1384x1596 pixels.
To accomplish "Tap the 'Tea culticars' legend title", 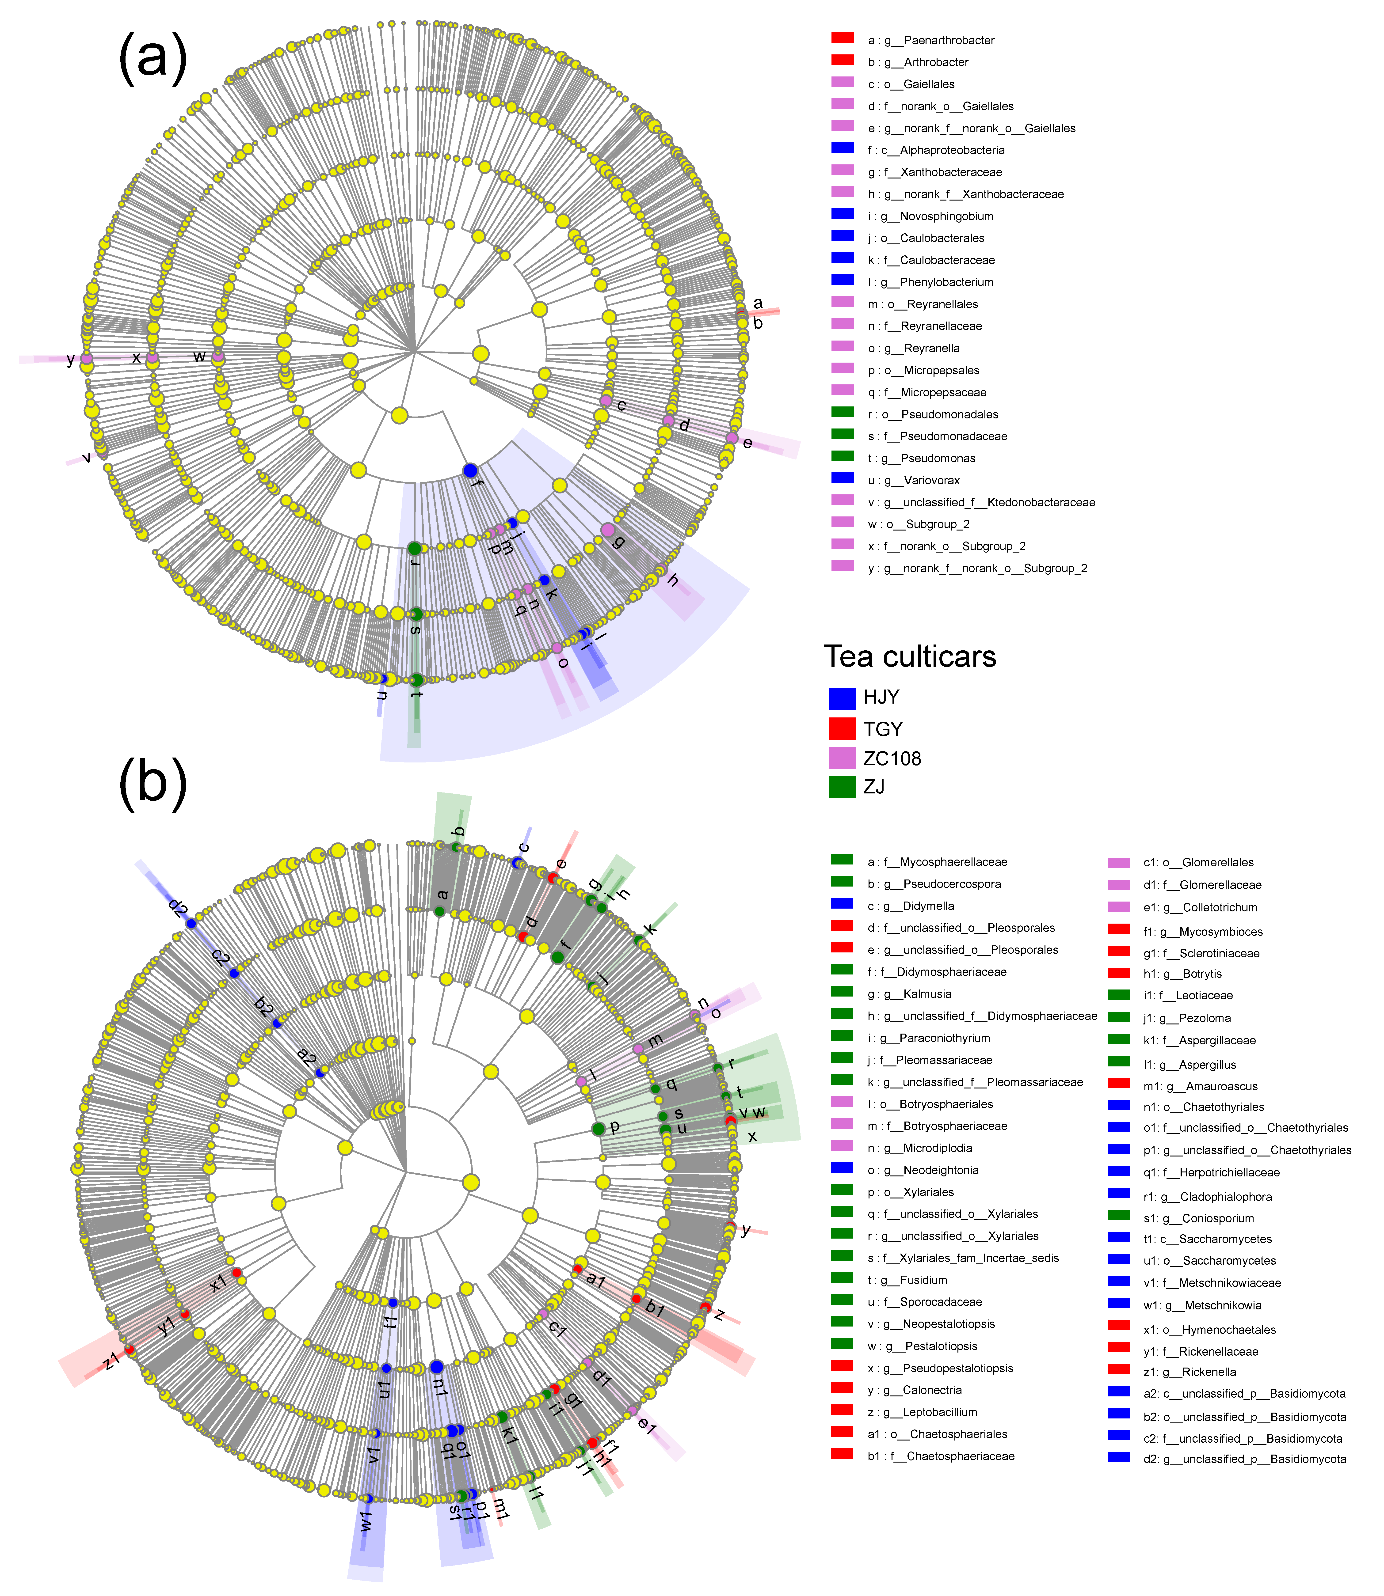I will tap(910, 656).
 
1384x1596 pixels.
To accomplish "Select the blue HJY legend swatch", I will tap(842, 698).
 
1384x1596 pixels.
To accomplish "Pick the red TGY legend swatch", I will tap(842, 728).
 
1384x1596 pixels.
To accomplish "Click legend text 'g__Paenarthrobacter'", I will tap(938, 40).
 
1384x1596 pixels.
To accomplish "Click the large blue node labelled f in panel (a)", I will tap(469, 470).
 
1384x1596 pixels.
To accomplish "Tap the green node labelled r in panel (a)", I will tap(414, 548).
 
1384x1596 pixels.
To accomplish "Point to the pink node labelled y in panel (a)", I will tap(87, 358).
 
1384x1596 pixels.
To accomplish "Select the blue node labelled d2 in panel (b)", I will tap(191, 923).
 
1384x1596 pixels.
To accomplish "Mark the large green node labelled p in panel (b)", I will tap(598, 1129).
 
